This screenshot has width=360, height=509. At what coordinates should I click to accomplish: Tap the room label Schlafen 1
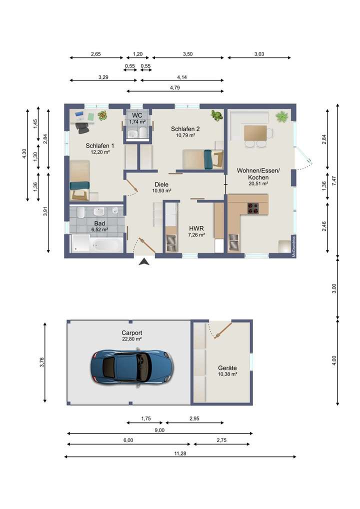pyautogui.click(x=100, y=146)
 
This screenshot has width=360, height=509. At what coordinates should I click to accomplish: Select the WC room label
pyautogui.click(x=137, y=115)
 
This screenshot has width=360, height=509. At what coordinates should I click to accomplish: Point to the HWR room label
pyautogui.click(x=196, y=228)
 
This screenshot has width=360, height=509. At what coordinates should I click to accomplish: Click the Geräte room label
pyautogui.click(x=227, y=368)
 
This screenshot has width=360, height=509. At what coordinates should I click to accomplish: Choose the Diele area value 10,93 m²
pyautogui.click(x=161, y=191)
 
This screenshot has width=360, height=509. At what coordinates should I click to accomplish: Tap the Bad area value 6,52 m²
pyautogui.click(x=99, y=229)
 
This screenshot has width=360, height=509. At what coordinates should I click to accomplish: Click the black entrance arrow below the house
pyautogui.click(x=144, y=261)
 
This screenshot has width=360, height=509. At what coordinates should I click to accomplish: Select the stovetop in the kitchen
pyautogui.click(x=253, y=208)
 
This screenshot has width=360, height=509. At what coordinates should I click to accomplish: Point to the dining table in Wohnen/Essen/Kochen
pyautogui.click(x=255, y=133)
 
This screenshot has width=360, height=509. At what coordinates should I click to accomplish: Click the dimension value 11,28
pyautogui.click(x=180, y=453)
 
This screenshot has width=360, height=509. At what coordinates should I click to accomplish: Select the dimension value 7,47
pyautogui.click(x=334, y=181)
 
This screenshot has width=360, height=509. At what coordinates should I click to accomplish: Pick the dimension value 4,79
pyautogui.click(x=174, y=87)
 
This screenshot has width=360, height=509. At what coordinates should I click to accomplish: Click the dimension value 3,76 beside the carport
pyautogui.click(x=41, y=362)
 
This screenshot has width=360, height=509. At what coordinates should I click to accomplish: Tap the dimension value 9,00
pyautogui.click(x=159, y=430)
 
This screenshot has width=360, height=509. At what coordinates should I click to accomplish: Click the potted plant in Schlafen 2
pyautogui.click(x=216, y=115)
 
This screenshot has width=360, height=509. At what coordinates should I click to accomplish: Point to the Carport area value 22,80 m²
pyautogui.click(x=132, y=339)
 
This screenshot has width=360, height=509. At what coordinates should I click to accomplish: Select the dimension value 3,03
pyautogui.click(x=259, y=54)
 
